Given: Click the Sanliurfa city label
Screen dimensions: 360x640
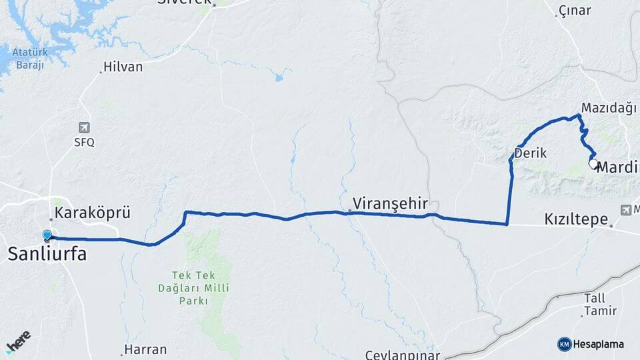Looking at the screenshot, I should point(47,253).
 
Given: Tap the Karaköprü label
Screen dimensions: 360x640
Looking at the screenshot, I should point(91,213).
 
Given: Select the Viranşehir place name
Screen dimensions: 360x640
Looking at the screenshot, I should point(389,203).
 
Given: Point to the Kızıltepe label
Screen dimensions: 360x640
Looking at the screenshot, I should point(576,219).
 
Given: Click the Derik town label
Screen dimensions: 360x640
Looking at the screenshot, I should point(531,153).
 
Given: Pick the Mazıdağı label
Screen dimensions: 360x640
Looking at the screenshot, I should point(609,107).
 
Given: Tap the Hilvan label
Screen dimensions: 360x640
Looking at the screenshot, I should point(123,67).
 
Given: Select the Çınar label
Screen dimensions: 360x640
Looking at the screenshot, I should point(575,10).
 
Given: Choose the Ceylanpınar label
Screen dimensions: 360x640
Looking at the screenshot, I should point(402,354).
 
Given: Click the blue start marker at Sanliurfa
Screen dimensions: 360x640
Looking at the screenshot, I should point(47,235).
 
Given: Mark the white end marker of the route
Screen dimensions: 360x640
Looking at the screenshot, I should point(593,163).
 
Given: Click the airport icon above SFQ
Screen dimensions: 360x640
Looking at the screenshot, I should point(85,127).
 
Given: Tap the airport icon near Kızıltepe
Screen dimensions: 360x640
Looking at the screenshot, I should point(626,209).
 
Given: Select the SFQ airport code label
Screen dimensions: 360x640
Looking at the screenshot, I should point(85,142).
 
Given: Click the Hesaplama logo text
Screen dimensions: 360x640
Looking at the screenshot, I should point(598,344).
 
